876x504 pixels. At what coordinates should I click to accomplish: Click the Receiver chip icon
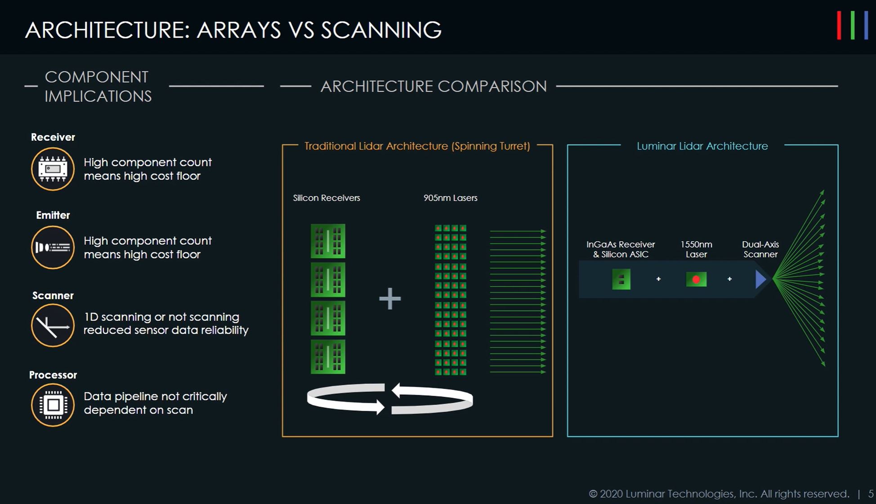53,169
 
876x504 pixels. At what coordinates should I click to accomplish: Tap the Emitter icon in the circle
53,247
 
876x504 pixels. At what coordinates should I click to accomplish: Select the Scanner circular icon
53,325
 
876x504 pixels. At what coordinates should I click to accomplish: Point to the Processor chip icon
53,405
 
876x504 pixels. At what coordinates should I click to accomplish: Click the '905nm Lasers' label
450,198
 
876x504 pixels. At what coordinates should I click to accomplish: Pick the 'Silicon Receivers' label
326,198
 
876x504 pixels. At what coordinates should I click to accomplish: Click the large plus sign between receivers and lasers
390,298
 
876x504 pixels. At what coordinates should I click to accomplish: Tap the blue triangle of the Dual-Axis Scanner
760,279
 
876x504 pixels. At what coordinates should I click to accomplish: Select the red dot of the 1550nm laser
696,280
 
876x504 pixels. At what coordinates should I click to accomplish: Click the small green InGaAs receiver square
621,279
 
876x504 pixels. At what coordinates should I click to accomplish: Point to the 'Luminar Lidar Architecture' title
702,146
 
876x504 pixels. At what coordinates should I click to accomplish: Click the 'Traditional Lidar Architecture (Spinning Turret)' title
417,146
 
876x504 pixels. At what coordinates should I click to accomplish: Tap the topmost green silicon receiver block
328,241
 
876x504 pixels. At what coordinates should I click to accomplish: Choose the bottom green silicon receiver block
328,357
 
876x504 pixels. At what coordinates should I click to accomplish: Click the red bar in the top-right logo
839,26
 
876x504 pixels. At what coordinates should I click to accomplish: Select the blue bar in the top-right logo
866,26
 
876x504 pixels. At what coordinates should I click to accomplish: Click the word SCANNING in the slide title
381,30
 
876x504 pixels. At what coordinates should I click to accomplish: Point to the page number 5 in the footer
871,494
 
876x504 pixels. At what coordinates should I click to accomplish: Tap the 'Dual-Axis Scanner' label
760,249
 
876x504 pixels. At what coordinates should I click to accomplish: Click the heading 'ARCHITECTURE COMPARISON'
434,86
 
